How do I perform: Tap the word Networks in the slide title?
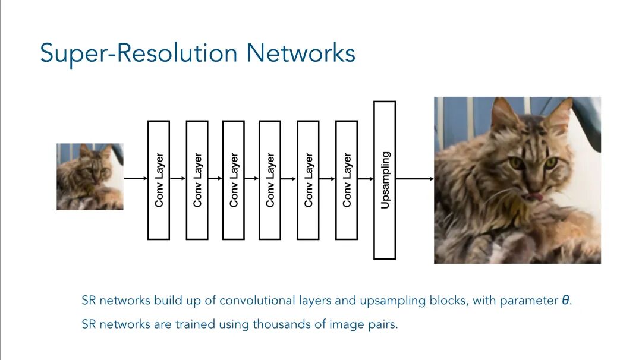click(301, 53)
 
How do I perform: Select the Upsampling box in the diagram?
click(385, 180)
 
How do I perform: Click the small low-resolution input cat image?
click(90, 176)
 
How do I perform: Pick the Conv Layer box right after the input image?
click(159, 180)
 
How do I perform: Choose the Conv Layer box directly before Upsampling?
click(347, 180)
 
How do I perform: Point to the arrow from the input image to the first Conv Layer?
click(135, 178)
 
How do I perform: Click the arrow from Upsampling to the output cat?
click(414, 178)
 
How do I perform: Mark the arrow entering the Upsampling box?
click(366, 178)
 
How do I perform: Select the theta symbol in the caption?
click(565, 301)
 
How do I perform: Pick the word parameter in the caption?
click(528, 301)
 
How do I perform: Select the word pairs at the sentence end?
click(383, 326)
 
